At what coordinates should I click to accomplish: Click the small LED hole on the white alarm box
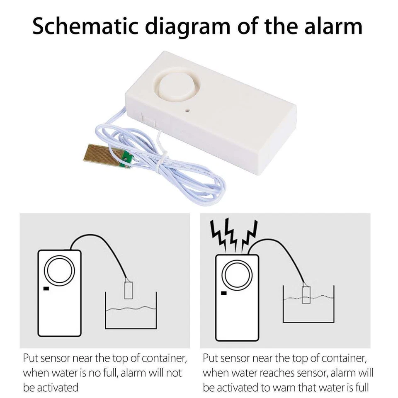(x=187, y=111)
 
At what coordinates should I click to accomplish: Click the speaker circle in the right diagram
(x=237, y=276)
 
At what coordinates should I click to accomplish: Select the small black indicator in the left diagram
(x=46, y=289)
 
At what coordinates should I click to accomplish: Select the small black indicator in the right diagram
(x=224, y=293)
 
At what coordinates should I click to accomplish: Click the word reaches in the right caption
(x=270, y=373)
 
